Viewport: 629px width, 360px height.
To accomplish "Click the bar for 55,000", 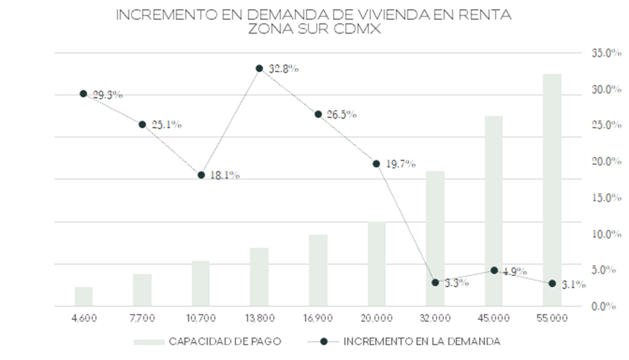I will [x=552, y=190].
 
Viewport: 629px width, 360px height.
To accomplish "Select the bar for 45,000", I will [x=494, y=211].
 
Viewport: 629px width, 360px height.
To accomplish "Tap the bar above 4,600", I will [x=84, y=296].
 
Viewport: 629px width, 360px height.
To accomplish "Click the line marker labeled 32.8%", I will [x=259, y=68].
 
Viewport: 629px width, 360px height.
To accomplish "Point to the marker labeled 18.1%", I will [x=201, y=175].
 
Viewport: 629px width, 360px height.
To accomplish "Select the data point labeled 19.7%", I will [x=376, y=163].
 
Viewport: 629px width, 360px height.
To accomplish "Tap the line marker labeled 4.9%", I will [x=494, y=270].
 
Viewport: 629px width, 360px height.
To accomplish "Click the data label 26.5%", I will [x=341, y=114].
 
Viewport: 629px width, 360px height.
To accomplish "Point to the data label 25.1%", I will [x=166, y=125].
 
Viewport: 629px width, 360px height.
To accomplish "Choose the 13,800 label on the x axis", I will [x=259, y=318].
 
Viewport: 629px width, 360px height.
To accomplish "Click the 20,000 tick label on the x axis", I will [x=376, y=318].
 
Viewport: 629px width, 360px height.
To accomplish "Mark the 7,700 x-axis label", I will [x=142, y=318].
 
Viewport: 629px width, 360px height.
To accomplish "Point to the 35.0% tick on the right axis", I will [x=606, y=53].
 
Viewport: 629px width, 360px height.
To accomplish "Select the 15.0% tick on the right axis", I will [x=606, y=198].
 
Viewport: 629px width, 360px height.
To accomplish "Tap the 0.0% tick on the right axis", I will [x=606, y=306].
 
